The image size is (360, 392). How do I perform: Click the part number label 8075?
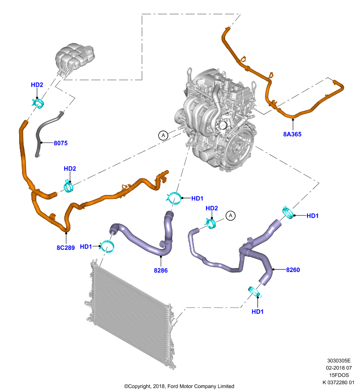point(60,143)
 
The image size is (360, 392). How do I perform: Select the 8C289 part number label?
point(66,247)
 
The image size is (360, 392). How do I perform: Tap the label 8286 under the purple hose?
point(161,270)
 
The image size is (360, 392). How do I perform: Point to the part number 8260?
point(293,270)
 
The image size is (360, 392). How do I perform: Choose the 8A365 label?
point(292,134)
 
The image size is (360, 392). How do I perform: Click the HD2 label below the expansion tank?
point(37,85)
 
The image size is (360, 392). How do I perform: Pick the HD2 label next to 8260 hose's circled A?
point(212,208)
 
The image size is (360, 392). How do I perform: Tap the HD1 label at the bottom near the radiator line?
point(257,312)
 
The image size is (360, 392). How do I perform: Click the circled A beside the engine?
point(163,135)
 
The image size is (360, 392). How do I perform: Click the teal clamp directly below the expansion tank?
point(38,103)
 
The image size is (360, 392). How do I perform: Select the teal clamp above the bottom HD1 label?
point(255,292)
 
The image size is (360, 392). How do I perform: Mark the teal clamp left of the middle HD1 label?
point(174,198)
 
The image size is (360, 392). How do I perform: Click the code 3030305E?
point(339,361)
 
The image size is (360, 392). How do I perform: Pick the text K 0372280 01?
point(338,382)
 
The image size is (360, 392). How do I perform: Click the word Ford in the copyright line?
point(173,386)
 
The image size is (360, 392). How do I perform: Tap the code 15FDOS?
point(339,375)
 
